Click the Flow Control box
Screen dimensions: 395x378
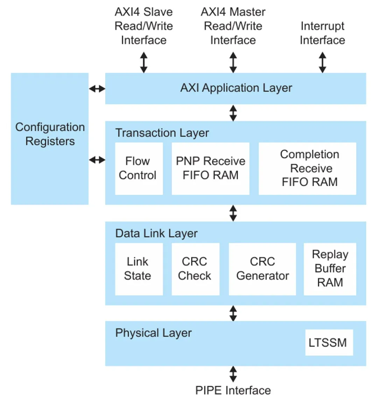coord(139,168)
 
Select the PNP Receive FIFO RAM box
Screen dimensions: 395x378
coord(210,168)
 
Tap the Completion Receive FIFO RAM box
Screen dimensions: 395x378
coord(307,168)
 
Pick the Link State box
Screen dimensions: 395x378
coord(139,269)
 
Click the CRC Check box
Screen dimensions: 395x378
coord(195,269)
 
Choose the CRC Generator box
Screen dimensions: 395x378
coord(262,269)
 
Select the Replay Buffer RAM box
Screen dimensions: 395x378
coord(330,269)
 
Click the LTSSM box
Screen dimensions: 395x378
coord(329,343)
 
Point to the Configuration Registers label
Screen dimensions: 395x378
coord(50,134)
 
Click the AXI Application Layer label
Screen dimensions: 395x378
coord(236,88)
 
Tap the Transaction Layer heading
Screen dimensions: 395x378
coord(162,133)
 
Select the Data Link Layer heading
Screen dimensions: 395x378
coord(156,233)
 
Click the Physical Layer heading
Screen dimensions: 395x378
coord(153,333)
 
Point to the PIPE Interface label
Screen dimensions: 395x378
coord(233,390)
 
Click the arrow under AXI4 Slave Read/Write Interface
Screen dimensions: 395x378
coord(143,62)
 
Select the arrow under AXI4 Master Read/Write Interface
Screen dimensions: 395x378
coord(233,62)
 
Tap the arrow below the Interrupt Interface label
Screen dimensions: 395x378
coord(322,62)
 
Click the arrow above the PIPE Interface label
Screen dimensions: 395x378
coord(233,374)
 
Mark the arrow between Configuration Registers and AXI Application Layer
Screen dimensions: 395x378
coord(97,89)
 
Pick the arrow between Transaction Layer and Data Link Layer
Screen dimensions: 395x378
coord(233,213)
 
